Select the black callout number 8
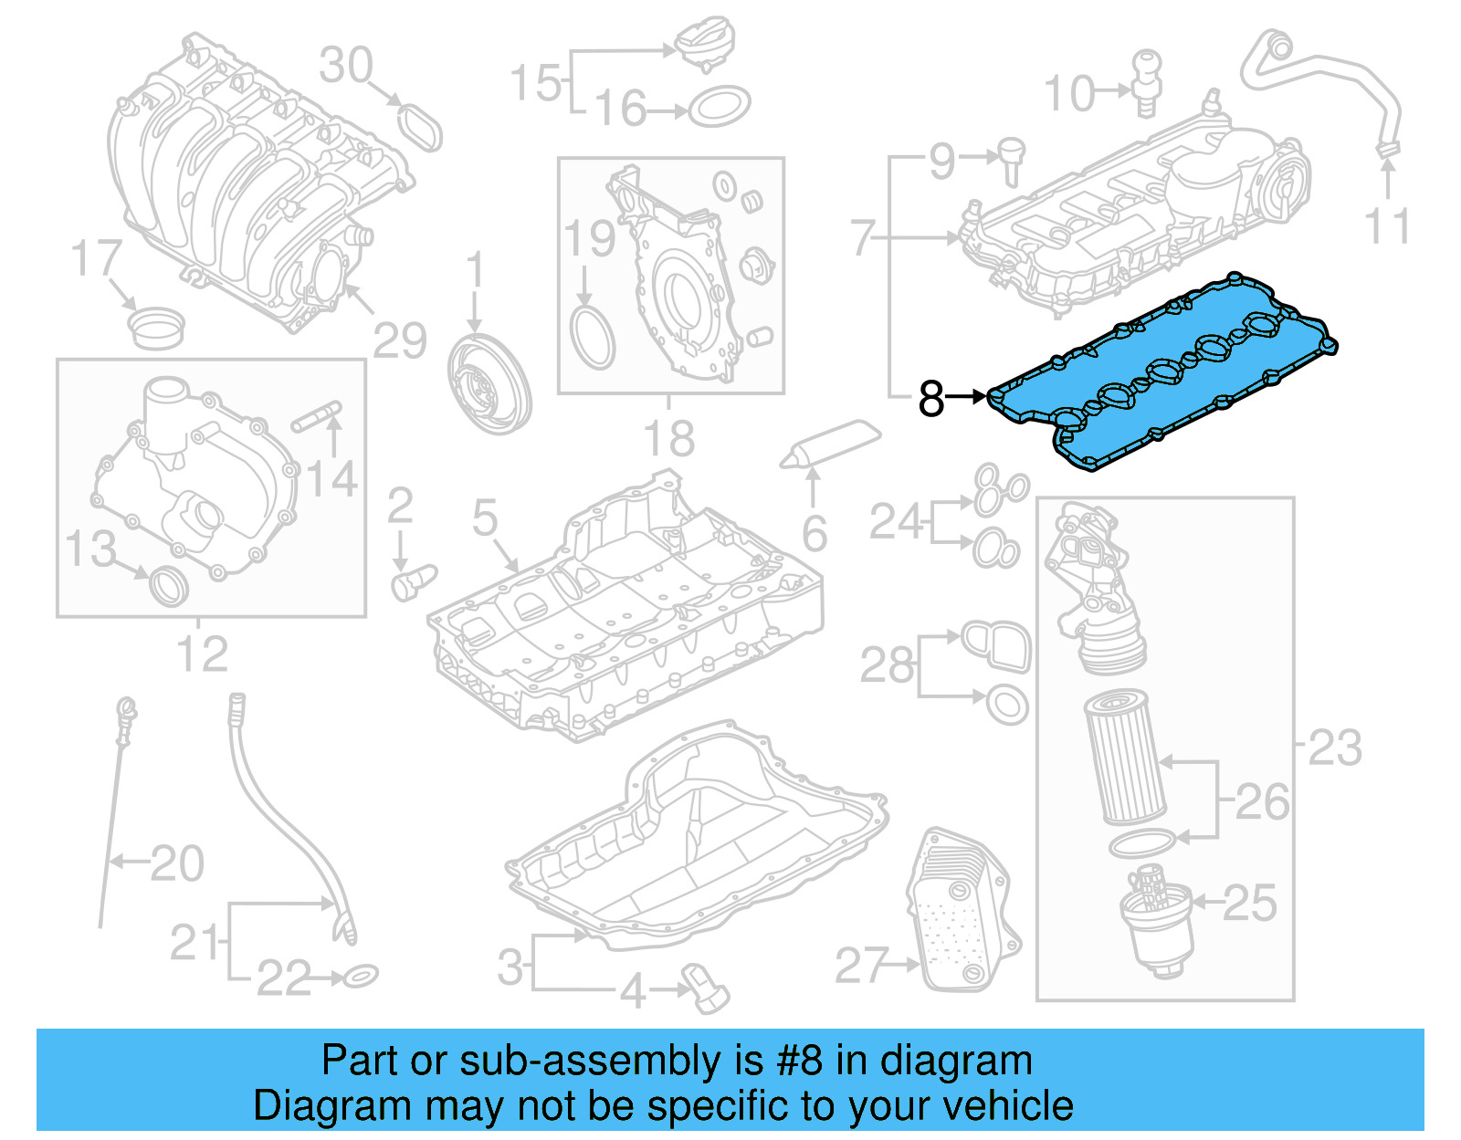(x=930, y=398)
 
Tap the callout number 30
(x=346, y=66)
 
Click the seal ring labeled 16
(x=719, y=108)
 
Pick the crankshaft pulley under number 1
(x=489, y=382)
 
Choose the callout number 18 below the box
(x=669, y=439)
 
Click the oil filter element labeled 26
(x=1125, y=758)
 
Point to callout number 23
(x=1335, y=748)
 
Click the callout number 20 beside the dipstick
(x=177, y=863)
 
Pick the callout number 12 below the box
(x=202, y=654)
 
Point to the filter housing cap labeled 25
(x=1157, y=926)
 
